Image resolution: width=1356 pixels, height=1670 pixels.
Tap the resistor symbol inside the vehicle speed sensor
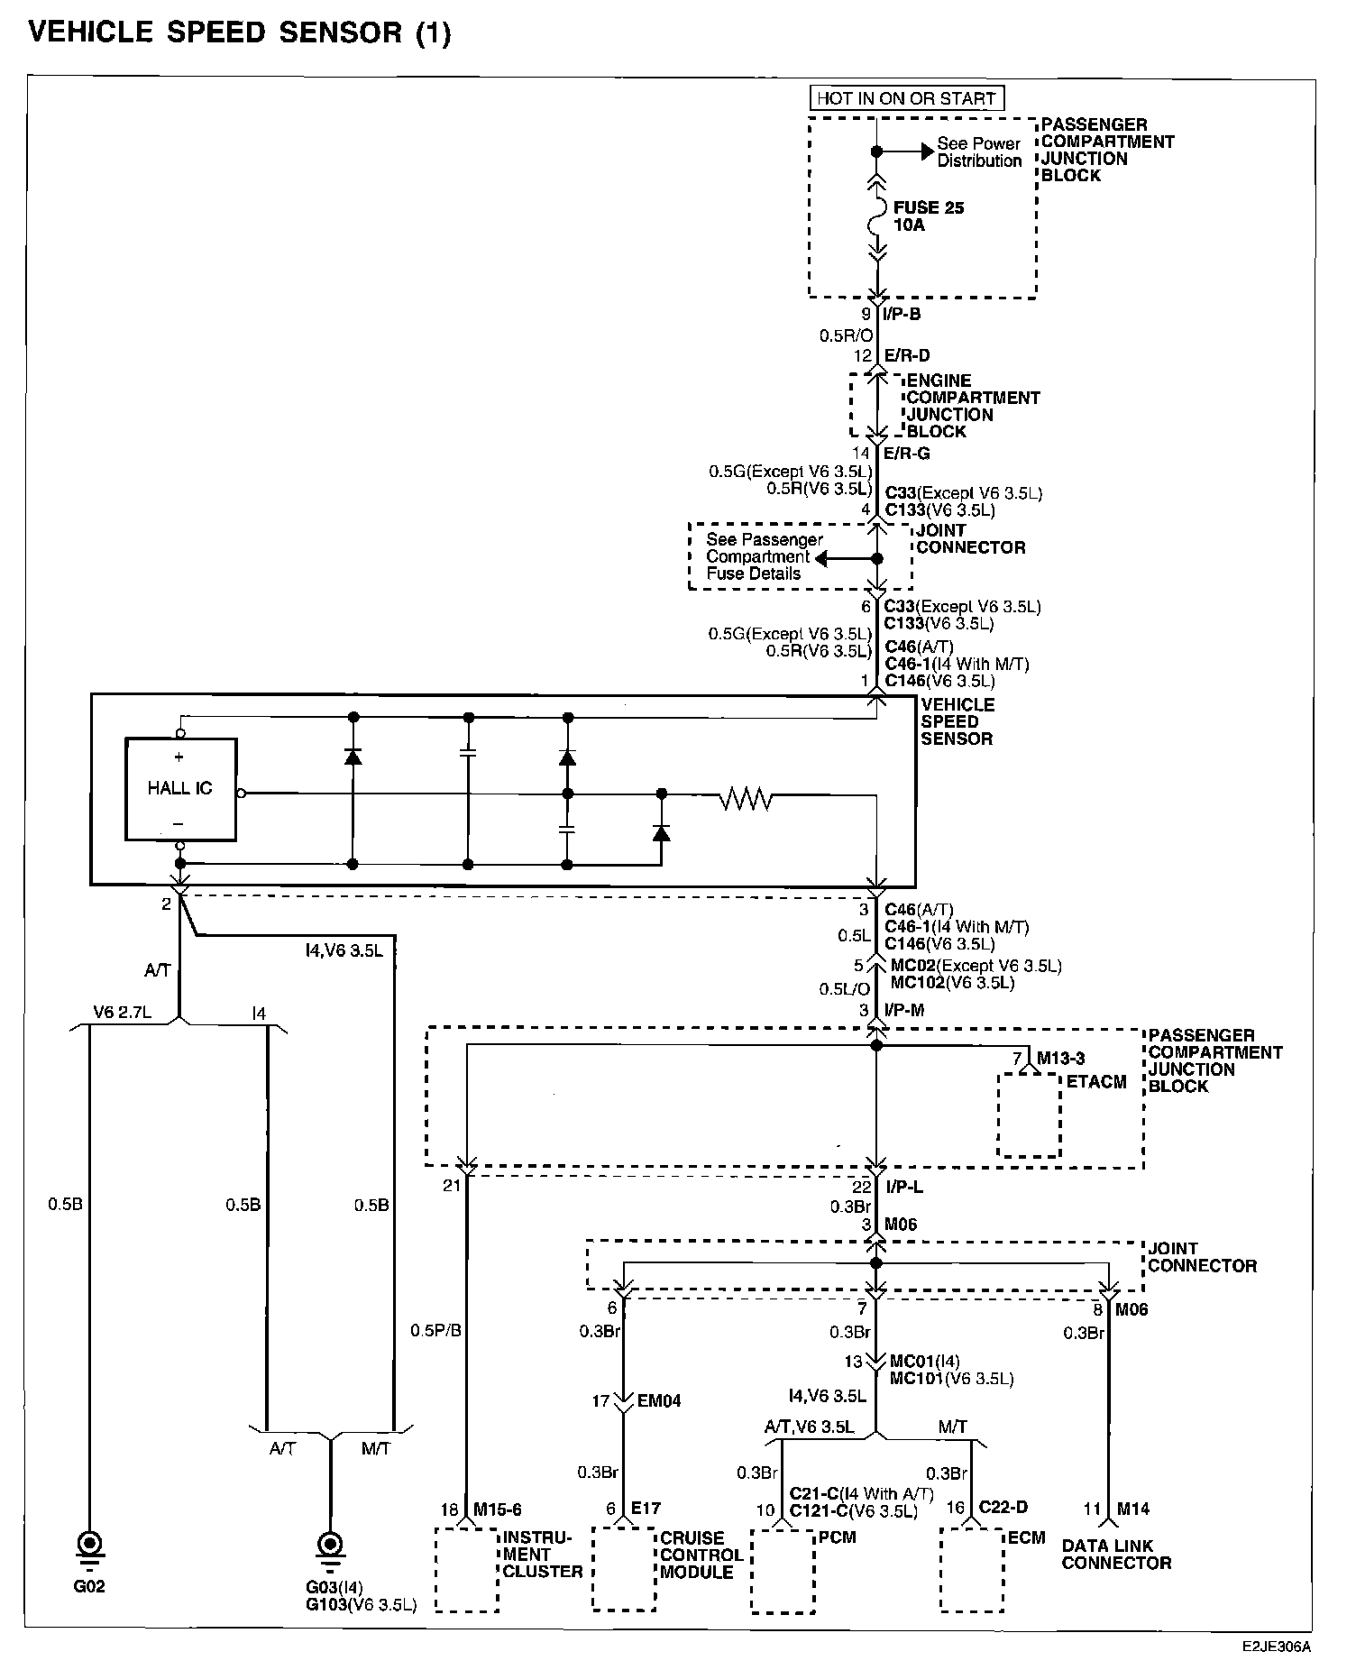tap(745, 798)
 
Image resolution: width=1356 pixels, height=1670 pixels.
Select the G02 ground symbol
tap(89, 1548)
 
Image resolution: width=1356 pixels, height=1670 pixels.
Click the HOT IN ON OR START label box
tap(906, 98)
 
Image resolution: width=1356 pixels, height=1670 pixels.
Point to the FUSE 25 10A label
tap(929, 216)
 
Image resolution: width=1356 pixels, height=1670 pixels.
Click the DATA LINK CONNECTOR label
tap(1116, 1554)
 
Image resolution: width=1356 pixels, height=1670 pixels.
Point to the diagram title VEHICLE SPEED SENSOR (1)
tap(239, 32)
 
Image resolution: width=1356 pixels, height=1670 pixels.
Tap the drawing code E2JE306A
tap(1276, 1646)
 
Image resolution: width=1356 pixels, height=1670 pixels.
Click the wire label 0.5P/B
tap(435, 1330)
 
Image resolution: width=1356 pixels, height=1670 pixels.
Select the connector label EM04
tap(659, 1400)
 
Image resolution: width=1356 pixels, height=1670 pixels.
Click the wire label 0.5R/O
tap(845, 335)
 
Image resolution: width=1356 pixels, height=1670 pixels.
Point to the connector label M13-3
tap(1061, 1058)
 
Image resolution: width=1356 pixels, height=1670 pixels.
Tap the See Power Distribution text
tap(979, 151)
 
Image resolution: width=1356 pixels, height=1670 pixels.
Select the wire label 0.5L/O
tap(845, 988)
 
